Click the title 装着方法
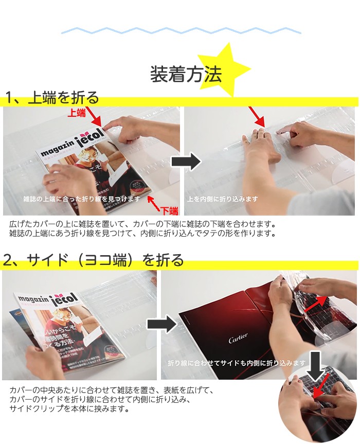pyautogui.click(x=186, y=75)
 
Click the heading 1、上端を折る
pyautogui.click(x=51, y=98)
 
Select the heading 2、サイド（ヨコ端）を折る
pyautogui.click(x=93, y=260)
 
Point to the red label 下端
pyautogui.click(x=169, y=210)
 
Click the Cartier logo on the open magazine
pyautogui.click(x=238, y=338)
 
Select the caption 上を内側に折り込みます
pyautogui.click(x=223, y=199)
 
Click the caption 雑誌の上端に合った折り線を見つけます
pyautogui.click(x=81, y=199)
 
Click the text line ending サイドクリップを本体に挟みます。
pyautogui.click(x=69, y=409)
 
